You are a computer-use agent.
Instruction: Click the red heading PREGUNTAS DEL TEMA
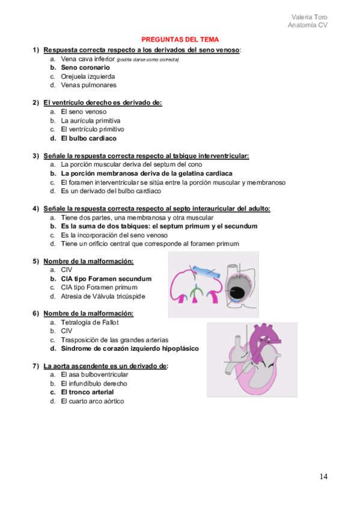180,39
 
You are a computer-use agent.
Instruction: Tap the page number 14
323,477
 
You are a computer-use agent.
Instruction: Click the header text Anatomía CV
308,25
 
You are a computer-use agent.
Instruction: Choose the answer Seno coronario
85,68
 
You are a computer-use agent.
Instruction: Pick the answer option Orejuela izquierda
88,76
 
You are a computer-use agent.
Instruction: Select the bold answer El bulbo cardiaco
89,138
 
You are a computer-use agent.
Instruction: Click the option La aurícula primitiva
91,120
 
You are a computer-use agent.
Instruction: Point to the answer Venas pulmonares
89,85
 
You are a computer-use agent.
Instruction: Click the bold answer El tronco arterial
87,392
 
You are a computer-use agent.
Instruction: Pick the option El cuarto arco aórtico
93,401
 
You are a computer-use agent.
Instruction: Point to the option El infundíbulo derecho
94,384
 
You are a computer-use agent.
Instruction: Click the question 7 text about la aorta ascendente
105,366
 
